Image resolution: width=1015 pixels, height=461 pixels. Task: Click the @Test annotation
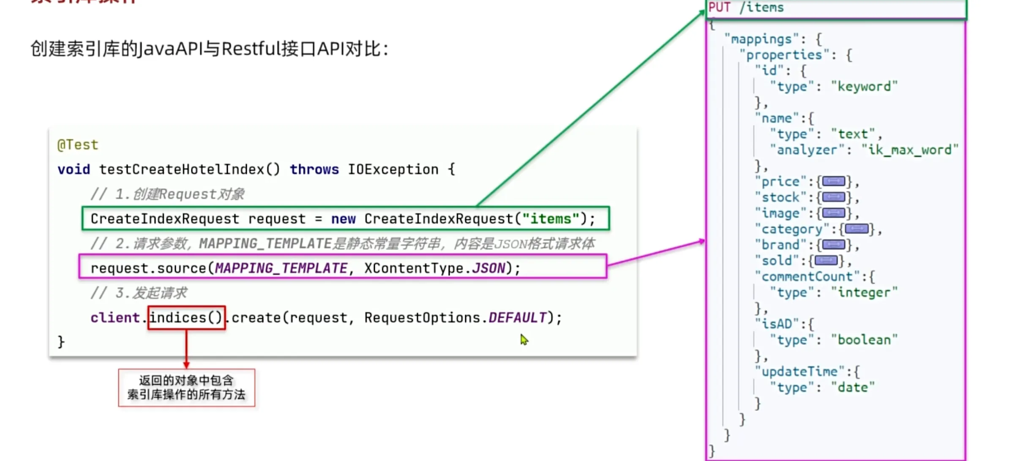pos(78,145)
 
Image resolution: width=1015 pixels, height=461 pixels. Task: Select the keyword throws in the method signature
pos(314,169)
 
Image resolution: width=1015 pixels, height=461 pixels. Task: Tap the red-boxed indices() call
pos(186,318)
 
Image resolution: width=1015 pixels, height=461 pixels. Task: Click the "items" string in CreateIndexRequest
pos(551,219)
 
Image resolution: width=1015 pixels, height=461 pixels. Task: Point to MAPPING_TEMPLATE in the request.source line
pos(281,268)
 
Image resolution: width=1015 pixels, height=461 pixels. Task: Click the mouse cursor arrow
pos(524,339)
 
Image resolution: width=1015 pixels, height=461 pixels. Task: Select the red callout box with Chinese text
pos(186,387)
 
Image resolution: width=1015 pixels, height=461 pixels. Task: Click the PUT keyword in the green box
pos(719,7)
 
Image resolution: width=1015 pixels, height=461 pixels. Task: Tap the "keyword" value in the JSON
pos(864,87)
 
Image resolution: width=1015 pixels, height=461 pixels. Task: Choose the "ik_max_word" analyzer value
pos(910,150)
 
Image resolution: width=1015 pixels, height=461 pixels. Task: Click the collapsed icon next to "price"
pos(834,182)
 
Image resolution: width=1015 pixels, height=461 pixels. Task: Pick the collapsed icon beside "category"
pos(857,229)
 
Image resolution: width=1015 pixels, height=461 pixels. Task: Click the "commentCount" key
pos(807,277)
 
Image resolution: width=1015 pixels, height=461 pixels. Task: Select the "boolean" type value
pos(864,340)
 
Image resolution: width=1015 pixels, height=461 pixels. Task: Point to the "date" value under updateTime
pos(853,387)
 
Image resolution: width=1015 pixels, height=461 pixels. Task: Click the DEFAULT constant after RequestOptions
pos(518,318)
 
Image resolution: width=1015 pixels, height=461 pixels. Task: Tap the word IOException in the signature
pos(393,169)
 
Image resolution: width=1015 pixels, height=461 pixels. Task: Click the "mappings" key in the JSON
pos(761,39)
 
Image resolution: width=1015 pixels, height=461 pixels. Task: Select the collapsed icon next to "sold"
pos(826,261)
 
